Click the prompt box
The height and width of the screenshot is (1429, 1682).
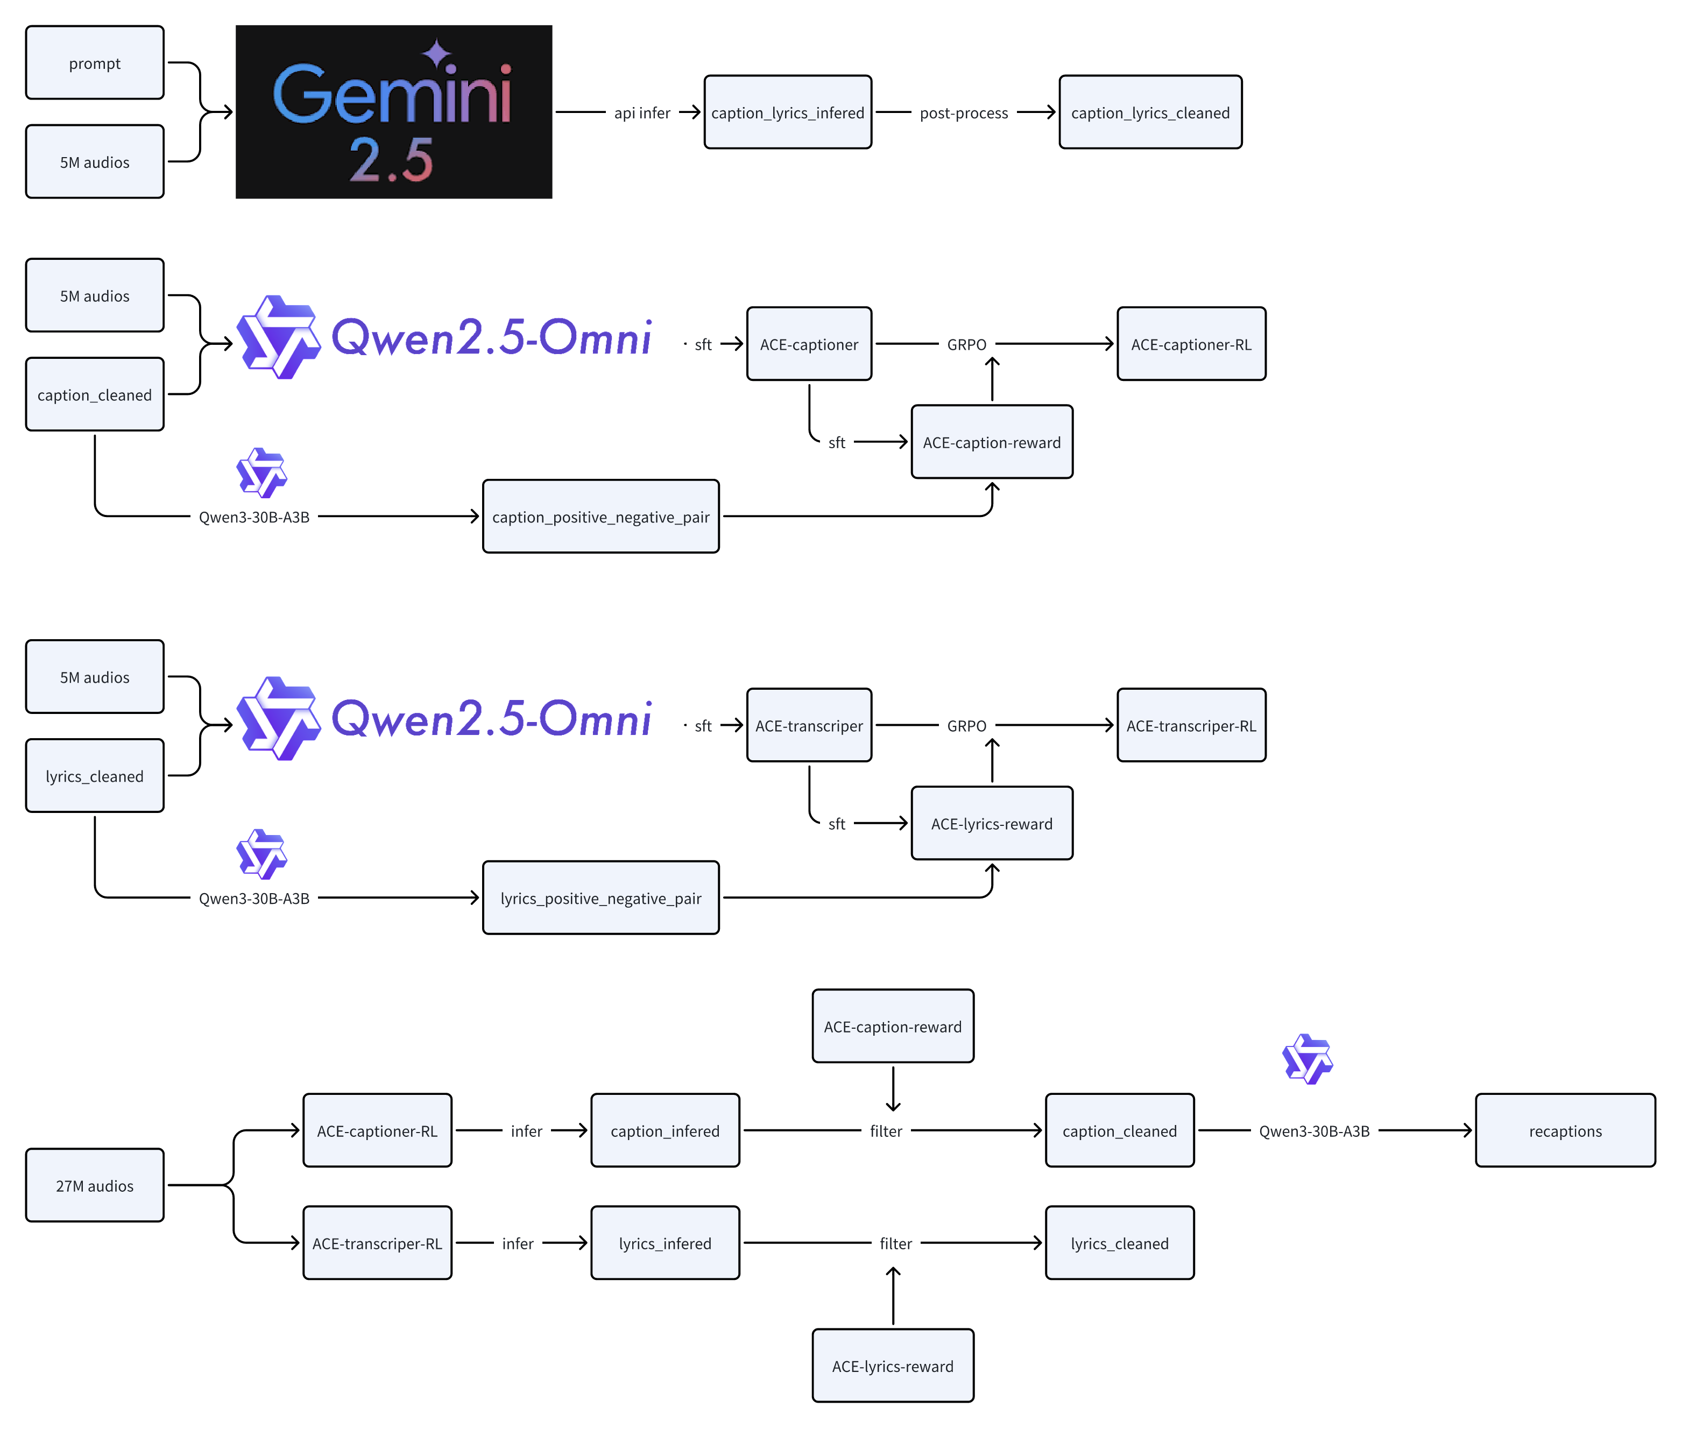point(95,63)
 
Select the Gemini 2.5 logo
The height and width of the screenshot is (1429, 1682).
point(394,112)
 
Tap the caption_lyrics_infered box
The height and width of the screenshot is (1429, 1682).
point(788,112)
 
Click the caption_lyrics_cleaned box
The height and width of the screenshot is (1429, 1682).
point(1150,112)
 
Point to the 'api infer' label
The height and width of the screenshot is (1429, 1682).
point(642,112)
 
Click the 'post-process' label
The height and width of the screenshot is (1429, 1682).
point(963,112)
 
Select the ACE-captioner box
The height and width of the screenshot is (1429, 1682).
point(809,344)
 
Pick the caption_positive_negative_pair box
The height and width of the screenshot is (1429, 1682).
point(600,517)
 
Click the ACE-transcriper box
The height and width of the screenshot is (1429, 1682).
point(809,726)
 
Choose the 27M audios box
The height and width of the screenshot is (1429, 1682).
point(95,1185)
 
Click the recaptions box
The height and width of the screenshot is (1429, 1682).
point(1565,1131)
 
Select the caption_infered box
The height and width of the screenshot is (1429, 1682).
point(665,1131)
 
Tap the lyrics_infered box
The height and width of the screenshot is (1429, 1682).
point(665,1243)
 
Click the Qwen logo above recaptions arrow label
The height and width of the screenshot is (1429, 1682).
point(1307,1059)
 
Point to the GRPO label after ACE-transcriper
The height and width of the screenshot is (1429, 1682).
point(966,726)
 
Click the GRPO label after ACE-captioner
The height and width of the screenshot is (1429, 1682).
point(966,344)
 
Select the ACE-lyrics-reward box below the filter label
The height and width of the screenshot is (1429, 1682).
point(892,1366)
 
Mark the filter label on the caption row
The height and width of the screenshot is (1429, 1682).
point(886,1131)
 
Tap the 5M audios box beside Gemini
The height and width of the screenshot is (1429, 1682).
point(95,162)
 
